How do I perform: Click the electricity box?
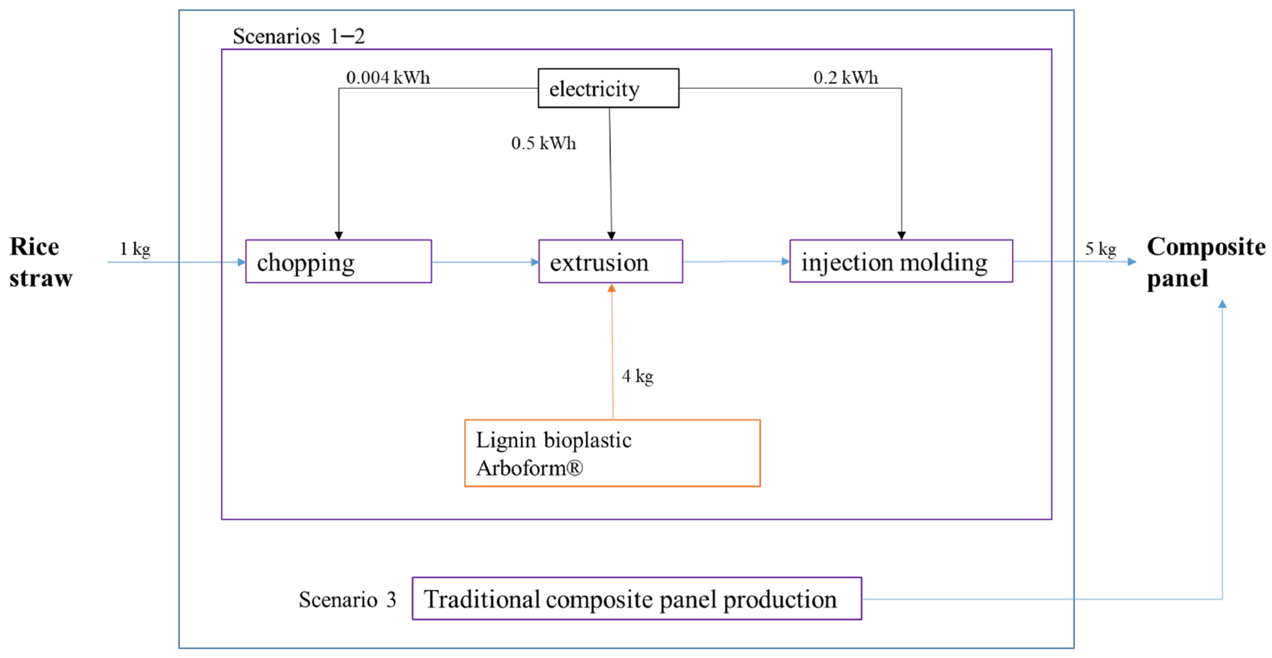[x=608, y=88]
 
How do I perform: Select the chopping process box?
[x=338, y=261]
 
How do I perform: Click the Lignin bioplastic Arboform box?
[x=612, y=453]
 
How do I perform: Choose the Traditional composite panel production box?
[x=637, y=598]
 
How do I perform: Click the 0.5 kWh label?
[x=543, y=143]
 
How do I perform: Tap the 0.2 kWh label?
[x=845, y=78]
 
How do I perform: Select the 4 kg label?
[x=637, y=376]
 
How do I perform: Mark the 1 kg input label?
[x=135, y=249]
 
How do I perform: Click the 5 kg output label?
[x=1100, y=249]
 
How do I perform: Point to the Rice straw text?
[x=40, y=262]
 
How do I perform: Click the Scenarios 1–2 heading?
[x=298, y=36]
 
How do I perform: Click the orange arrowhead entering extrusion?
[x=611, y=288]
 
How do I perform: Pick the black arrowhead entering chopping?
[x=339, y=235]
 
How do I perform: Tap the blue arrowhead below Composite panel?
[x=1222, y=304]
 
